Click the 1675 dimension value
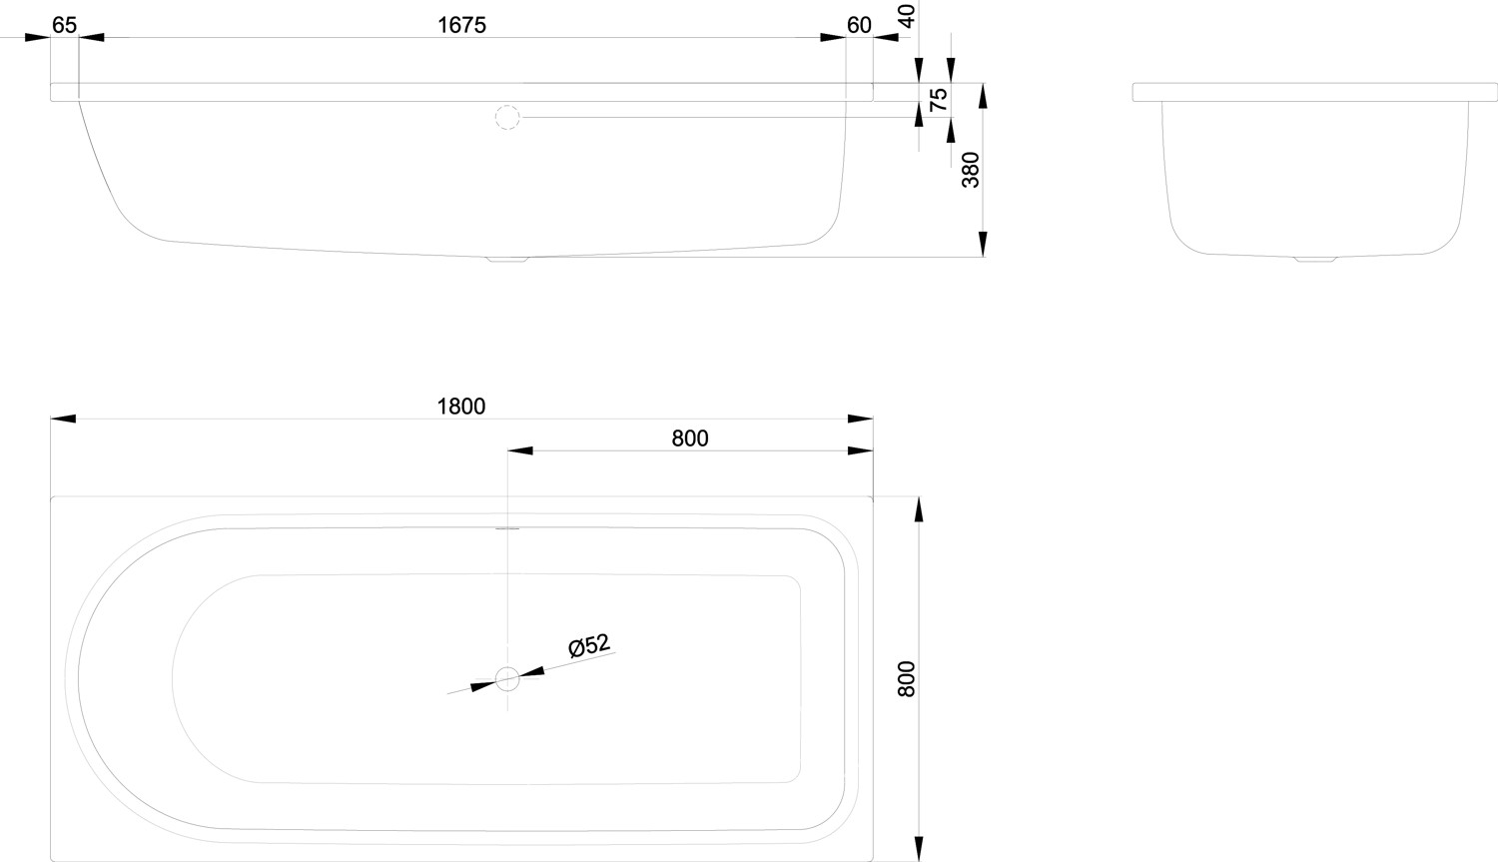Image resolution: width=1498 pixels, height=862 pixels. tap(461, 25)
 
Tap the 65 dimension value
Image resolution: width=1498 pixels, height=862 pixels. tap(65, 25)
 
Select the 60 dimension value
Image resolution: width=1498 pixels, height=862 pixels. tap(859, 25)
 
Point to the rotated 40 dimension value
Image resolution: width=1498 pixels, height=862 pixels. tap(907, 15)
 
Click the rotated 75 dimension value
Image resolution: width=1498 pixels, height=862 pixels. tap(938, 100)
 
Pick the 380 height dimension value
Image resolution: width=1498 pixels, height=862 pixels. tap(970, 170)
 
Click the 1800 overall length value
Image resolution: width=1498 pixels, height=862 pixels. tap(461, 407)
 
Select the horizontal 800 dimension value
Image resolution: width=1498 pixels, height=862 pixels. tap(690, 438)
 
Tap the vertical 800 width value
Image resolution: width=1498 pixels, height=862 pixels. tap(906, 679)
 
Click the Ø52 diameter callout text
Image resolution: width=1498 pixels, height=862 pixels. tap(589, 646)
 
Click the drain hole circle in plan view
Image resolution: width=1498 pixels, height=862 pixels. tap(507, 680)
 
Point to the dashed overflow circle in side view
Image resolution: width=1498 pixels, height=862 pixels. tap(507, 118)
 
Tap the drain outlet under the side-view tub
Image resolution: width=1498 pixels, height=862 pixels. tap(507, 260)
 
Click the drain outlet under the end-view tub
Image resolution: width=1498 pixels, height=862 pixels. tap(1314, 259)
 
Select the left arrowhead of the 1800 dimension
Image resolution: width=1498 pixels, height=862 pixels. tap(63, 419)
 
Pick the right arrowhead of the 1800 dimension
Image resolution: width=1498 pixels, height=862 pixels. tap(861, 419)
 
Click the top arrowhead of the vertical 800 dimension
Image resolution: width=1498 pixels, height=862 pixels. tap(919, 508)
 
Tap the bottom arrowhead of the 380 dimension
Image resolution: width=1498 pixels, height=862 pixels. tap(983, 245)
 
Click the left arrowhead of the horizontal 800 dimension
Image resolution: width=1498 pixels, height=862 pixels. tap(520, 450)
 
